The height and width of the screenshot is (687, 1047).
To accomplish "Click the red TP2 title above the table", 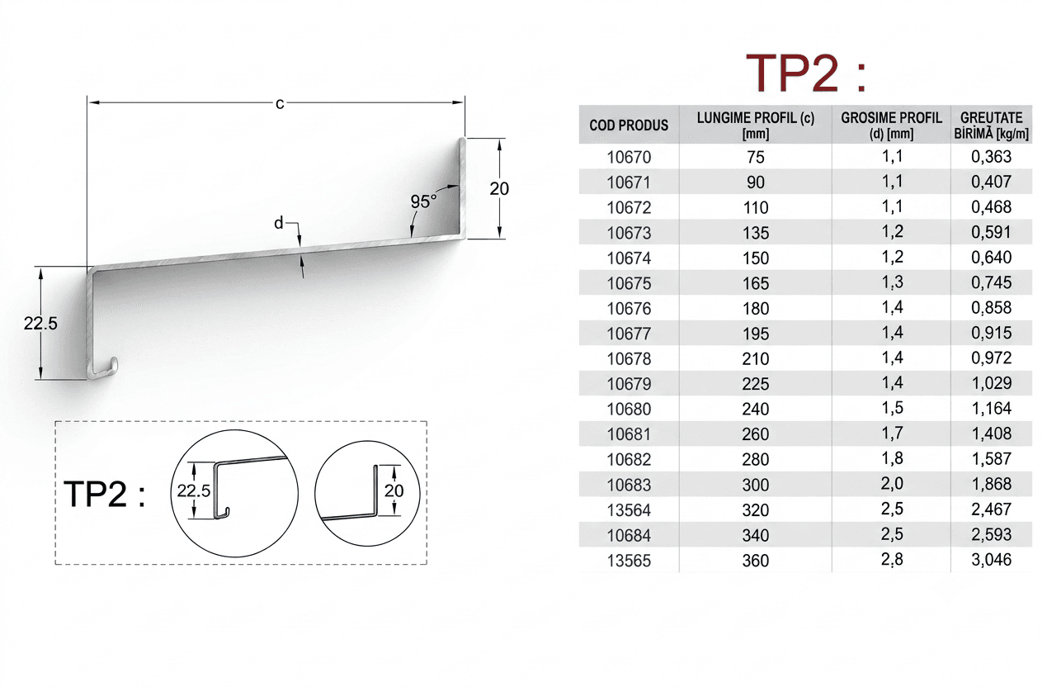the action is (x=806, y=73).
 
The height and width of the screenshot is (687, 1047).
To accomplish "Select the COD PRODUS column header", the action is (x=629, y=126).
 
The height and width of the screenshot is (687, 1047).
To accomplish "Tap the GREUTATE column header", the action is (x=992, y=117).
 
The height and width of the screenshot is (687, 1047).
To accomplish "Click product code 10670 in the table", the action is (x=629, y=157).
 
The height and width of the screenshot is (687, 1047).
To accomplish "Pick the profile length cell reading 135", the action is (x=756, y=233).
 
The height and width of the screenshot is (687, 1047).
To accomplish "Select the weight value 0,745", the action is (x=992, y=282).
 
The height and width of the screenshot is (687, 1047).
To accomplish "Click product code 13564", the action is (x=629, y=509).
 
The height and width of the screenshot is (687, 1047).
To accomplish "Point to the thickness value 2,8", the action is (x=892, y=559).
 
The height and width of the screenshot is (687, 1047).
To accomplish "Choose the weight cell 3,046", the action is (x=992, y=560).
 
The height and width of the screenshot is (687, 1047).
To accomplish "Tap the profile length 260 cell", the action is (x=756, y=434).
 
